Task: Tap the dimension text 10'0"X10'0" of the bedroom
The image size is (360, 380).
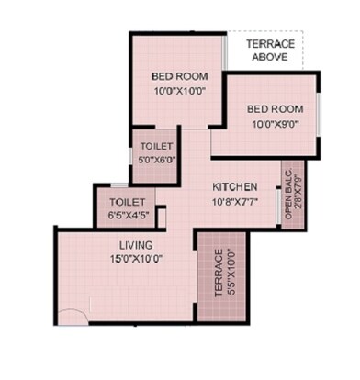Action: click(x=180, y=90)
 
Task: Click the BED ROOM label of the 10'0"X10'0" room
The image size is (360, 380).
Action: click(x=180, y=76)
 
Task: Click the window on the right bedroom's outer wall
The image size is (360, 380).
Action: click(x=319, y=115)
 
